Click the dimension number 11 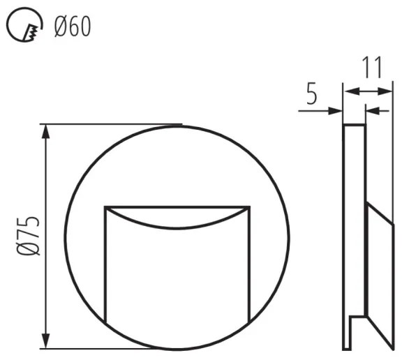372,68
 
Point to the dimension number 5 311,93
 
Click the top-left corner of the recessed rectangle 105,207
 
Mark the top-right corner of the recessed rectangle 250,207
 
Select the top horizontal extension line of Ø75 112,125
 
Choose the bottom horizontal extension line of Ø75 112,348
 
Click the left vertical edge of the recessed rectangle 105,265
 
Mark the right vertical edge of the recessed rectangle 250,265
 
